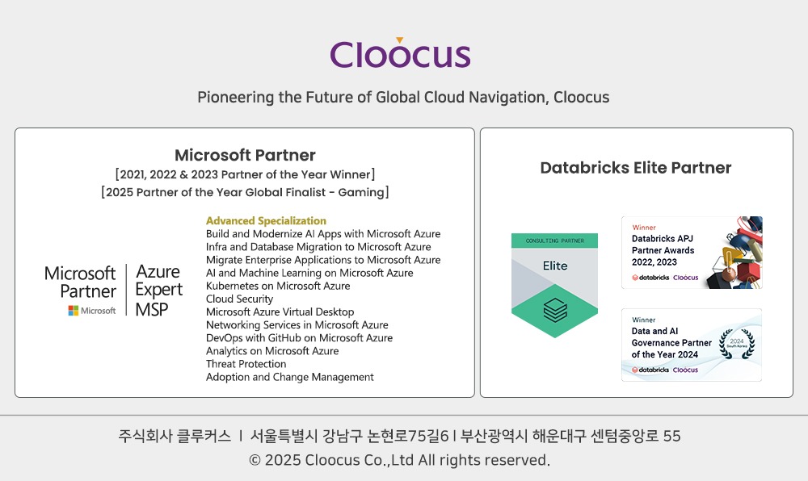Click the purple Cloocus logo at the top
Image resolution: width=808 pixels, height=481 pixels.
click(401, 53)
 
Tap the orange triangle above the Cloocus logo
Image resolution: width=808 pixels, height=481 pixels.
click(399, 40)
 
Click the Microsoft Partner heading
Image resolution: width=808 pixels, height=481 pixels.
click(245, 155)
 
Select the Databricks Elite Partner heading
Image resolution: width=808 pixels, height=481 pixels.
click(636, 168)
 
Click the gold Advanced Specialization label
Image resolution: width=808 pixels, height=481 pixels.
click(266, 220)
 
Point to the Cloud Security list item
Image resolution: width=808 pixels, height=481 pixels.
click(240, 299)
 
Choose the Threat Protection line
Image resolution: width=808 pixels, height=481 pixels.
click(246, 364)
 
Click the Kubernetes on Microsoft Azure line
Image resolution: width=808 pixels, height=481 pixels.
click(278, 286)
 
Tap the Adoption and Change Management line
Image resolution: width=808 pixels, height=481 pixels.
click(289, 377)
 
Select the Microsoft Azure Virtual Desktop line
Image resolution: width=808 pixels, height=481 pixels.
click(280, 312)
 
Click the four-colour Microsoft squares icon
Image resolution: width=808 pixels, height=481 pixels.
click(74, 311)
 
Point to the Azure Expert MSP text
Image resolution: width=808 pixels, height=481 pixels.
click(158, 290)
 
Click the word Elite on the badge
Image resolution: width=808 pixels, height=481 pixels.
click(555, 266)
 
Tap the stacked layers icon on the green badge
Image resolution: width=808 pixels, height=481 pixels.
click(555, 310)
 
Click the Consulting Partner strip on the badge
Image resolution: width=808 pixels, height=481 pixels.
click(554, 240)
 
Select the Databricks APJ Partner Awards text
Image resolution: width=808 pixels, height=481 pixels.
click(663, 250)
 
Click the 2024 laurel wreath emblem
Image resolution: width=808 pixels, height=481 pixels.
click(737, 344)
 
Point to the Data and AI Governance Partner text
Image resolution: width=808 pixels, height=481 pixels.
click(671, 343)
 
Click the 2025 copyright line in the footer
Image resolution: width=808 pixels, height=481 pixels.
click(399, 460)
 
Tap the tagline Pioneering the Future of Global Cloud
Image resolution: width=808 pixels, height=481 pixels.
click(403, 97)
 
